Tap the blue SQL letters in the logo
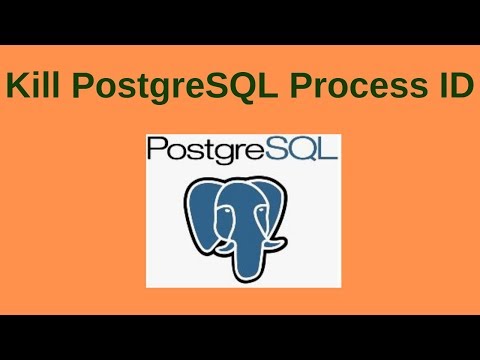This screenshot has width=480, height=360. pyautogui.click(x=306, y=151)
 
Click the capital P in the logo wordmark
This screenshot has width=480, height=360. pyautogui.click(x=156, y=152)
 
